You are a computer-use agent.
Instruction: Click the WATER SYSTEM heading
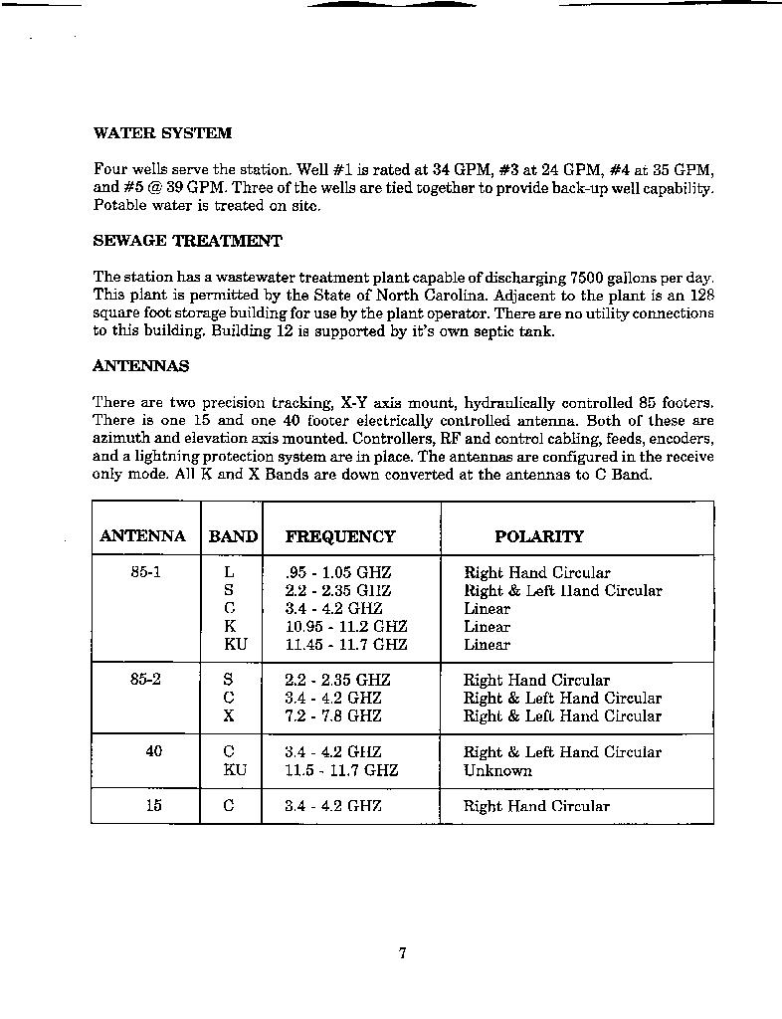point(162,132)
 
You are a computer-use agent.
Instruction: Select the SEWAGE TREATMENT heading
point(187,241)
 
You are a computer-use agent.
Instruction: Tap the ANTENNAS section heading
point(140,366)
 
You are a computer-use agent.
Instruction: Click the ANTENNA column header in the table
point(142,536)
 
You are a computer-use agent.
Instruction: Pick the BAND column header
point(233,536)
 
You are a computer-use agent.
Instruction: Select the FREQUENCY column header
point(339,536)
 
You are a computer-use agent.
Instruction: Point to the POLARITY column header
point(538,536)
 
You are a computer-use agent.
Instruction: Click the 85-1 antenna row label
point(145,573)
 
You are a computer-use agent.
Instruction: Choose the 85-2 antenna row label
point(145,680)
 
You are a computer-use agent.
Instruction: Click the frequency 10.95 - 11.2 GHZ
point(346,627)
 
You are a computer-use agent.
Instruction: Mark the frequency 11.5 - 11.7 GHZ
point(341,770)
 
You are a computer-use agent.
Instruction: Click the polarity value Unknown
point(497,770)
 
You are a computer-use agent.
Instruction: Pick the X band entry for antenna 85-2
point(229,715)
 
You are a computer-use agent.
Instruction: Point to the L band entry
point(229,573)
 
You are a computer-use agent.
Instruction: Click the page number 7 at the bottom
point(402,953)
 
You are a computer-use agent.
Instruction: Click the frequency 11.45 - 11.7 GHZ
point(346,645)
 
